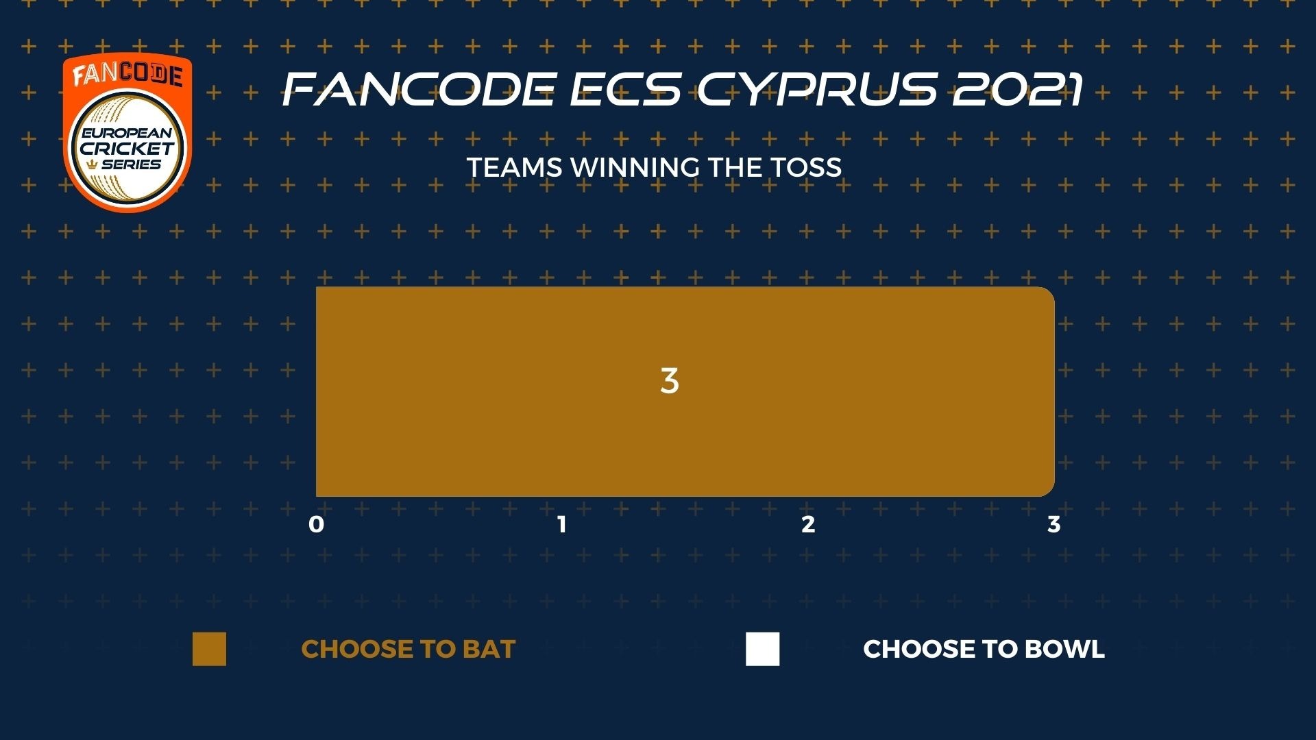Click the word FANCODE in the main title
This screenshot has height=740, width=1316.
419,89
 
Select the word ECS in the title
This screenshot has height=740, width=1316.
626,89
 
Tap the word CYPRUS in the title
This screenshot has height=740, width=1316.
816,89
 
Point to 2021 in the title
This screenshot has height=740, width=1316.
1017,89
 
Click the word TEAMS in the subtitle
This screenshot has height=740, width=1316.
514,168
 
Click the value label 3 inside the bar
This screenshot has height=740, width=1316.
670,381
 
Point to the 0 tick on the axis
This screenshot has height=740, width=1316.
316,525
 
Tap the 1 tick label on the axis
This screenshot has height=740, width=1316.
562,525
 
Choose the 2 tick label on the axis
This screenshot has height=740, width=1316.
808,525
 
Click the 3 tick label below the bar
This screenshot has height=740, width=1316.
1054,525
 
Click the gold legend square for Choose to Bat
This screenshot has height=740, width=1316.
209,649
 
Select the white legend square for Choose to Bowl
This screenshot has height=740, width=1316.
763,649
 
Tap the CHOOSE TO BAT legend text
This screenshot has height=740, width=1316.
409,650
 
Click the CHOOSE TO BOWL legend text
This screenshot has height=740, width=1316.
984,650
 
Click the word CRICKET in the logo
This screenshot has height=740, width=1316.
127,148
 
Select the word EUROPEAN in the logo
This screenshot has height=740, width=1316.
127,133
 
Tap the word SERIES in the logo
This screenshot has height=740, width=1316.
131,164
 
